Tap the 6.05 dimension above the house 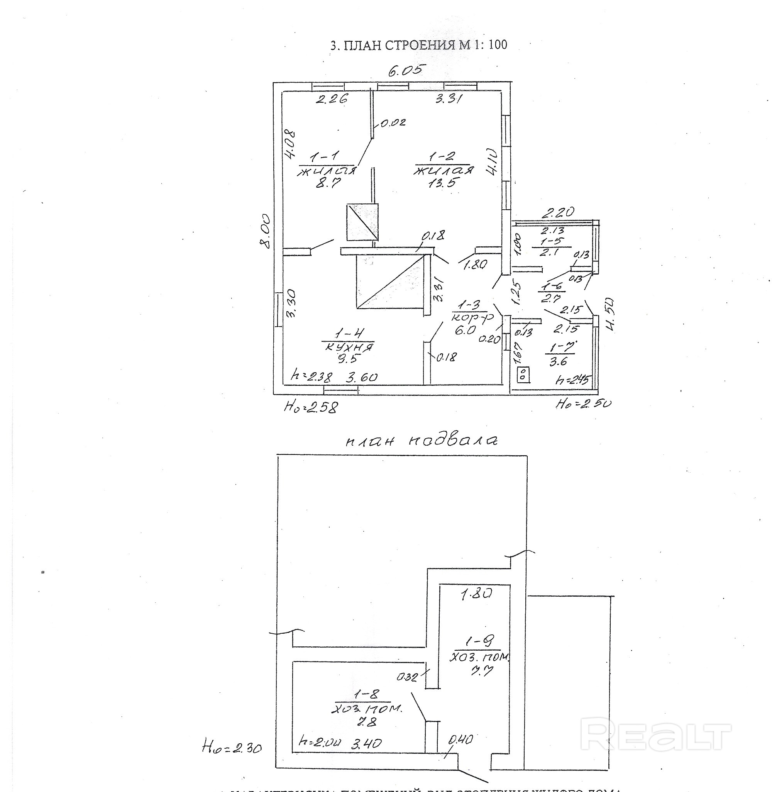coord(405,71)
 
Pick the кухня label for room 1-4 coord(348,347)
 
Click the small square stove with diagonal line coord(362,222)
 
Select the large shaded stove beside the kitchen coord(389,282)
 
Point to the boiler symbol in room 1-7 coord(523,374)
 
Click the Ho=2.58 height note coord(311,407)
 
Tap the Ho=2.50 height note coord(583,404)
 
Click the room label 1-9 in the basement coord(480,641)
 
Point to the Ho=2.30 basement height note coord(232,747)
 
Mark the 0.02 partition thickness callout coord(393,122)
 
